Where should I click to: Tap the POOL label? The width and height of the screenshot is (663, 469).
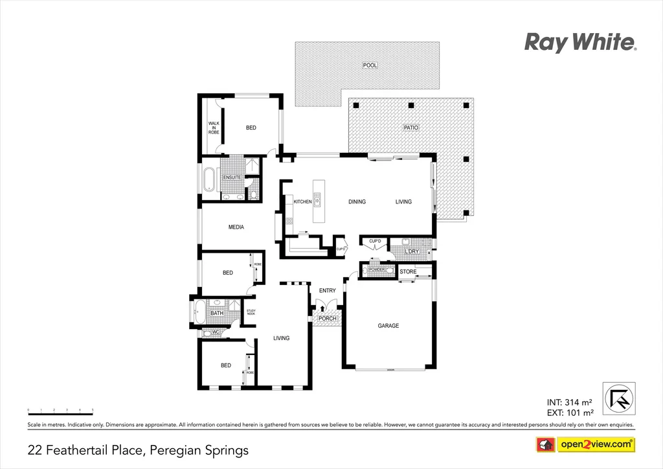[370, 65]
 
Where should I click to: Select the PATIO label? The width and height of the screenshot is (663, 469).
[411, 128]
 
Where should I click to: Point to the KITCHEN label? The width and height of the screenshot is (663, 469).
[302, 202]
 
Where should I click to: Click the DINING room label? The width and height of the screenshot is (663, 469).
[357, 202]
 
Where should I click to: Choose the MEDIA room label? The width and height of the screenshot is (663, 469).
[236, 227]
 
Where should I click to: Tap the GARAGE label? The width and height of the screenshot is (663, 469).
[388, 326]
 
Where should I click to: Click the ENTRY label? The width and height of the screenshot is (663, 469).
[327, 291]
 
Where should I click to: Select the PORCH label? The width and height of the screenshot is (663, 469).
[328, 318]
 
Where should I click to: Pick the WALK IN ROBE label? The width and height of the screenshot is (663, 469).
[214, 128]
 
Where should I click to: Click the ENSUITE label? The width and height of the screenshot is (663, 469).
[232, 177]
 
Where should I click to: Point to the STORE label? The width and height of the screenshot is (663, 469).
[408, 271]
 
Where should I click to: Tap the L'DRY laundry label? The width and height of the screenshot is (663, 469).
[412, 251]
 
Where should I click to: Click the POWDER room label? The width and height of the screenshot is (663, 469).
[377, 269]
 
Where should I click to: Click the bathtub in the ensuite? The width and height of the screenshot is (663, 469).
[209, 179]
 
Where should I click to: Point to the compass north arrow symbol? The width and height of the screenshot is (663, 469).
[618, 397]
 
